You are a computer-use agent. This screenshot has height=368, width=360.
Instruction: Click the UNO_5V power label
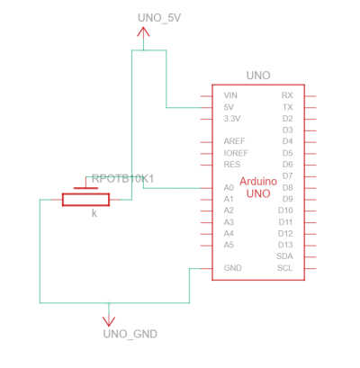pyautogui.click(x=159, y=18)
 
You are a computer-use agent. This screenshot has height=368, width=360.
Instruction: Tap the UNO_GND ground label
pyautogui.click(x=130, y=334)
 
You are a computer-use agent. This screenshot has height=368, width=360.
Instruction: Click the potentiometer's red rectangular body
pyautogui.click(x=85, y=200)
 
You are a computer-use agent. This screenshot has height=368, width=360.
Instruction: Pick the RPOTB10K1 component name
pyautogui.click(x=122, y=179)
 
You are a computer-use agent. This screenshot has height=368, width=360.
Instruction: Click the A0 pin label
pyautogui.click(x=229, y=188)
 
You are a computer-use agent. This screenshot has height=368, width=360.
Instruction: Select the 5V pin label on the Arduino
pyautogui.click(x=229, y=107)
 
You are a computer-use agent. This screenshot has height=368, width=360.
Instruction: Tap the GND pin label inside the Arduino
pyautogui.click(x=232, y=268)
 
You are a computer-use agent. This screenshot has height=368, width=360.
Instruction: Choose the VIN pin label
pyautogui.click(x=230, y=95)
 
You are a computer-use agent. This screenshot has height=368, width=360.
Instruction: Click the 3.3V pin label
pyautogui.click(x=232, y=119)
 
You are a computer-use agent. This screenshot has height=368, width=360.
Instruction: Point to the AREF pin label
pyautogui.click(x=234, y=141)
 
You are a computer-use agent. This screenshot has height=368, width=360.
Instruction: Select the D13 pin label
pyautogui.click(x=285, y=245)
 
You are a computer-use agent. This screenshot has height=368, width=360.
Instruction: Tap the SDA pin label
pyautogui.click(x=284, y=256)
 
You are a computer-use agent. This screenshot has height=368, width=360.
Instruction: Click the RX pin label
pyautogui.click(x=287, y=95)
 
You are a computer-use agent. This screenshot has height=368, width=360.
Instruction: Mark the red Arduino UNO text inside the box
pyautogui.click(x=258, y=187)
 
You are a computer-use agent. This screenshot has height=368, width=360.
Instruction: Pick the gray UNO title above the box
pyautogui.click(x=258, y=76)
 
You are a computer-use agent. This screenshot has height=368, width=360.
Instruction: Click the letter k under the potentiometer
pyautogui.click(x=94, y=213)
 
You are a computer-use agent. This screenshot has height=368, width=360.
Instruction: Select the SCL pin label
pyautogui.click(x=285, y=268)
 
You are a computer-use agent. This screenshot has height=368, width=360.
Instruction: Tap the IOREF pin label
pyautogui.click(x=236, y=153)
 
